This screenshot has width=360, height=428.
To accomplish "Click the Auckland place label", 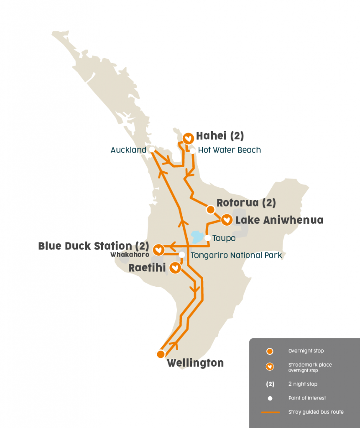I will tap(128, 150).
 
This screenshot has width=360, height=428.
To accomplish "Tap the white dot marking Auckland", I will tap(152, 149).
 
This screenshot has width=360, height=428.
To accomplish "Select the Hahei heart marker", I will tap(189, 138).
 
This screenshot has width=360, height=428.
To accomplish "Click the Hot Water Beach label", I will tap(229, 150).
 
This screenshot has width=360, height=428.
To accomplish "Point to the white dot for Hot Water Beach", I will tap(192, 150).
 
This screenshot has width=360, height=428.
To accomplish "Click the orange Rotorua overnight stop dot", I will tap(210, 209).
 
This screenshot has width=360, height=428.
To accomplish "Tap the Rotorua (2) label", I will tap(246, 203).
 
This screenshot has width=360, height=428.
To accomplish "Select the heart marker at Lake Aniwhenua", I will tap(227, 219).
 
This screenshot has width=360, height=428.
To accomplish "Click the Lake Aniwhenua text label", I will tap(279, 220).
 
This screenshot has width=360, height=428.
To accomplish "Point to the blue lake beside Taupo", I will tap(196, 237).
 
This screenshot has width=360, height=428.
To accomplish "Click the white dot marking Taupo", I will tap(208, 238).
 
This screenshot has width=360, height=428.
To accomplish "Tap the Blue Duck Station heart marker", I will tap(158, 250).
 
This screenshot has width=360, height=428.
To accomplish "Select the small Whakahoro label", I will tap(130, 254).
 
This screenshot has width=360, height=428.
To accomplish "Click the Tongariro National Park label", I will tap(236, 255).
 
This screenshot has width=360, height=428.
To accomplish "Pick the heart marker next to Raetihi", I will tap(176, 267).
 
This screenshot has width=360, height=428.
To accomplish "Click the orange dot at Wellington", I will tap(161, 354).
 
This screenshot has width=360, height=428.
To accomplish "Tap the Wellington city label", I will tap(195, 363).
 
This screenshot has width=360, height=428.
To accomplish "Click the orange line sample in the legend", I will tap(270, 412).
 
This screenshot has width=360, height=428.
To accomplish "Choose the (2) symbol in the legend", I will tap(270, 384).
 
